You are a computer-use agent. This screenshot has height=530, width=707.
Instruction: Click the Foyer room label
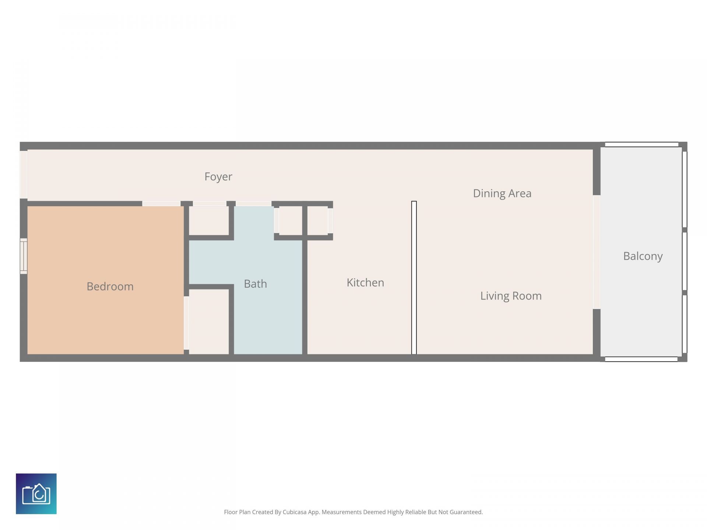tap(218, 177)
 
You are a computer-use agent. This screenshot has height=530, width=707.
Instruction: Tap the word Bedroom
tap(110, 287)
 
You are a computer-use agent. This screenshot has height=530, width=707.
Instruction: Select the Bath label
tap(255, 284)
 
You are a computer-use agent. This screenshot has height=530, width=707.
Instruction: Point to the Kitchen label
tap(365, 283)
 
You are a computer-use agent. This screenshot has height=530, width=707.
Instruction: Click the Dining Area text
tap(502, 194)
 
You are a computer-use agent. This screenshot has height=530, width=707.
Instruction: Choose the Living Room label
tap(511, 296)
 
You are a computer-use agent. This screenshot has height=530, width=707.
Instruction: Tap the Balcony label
tap(643, 256)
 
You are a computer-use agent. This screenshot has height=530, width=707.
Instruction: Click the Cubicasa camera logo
tap(36, 494)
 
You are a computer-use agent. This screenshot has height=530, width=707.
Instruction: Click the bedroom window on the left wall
tap(24, 256)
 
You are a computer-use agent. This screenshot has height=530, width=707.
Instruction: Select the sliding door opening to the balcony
tap(597, 252)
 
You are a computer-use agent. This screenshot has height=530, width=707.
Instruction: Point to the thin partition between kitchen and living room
tap(414, 278)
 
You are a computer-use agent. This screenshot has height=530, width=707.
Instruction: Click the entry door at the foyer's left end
tap(24, 175)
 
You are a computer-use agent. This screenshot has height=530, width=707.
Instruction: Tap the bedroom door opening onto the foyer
tap(161, 204)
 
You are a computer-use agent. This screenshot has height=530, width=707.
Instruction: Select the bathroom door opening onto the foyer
tap(253, 204)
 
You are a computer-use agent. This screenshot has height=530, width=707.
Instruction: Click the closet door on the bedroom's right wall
tap(186, 323)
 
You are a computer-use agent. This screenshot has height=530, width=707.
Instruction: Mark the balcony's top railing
tap(641, 145)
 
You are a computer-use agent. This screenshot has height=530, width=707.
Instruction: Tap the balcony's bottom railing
tap(641, 359)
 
